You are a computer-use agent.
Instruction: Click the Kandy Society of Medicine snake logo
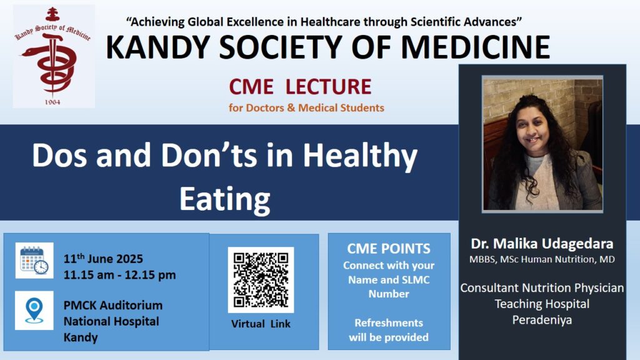click(54, 56)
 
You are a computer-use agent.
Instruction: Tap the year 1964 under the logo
click(52, 102)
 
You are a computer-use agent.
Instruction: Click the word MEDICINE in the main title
click(476, 47)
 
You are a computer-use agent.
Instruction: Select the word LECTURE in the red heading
click(328, 86)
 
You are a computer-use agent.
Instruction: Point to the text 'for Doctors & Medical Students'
click(306, 107)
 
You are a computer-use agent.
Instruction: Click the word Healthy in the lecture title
click(360, 156)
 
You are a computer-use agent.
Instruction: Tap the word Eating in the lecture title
click(225, 199)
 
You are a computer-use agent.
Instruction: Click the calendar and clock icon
click(34, 261)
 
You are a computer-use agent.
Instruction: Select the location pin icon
click(34, 310)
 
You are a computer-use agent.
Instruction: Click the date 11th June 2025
click(103, 258)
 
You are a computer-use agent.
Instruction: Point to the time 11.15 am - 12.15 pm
click(119, 275)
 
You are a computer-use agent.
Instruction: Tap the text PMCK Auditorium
click(113, 305)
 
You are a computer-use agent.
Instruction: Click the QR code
click(261, 280)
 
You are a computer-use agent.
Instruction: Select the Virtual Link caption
click(261, 324)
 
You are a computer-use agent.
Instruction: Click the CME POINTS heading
click(389, 249)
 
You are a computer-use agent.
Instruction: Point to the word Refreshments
click(389, 323)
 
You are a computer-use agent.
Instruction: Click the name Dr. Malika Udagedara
click(542, 244)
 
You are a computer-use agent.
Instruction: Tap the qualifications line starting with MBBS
click(542, 259)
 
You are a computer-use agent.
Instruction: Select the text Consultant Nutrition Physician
click(542, 288)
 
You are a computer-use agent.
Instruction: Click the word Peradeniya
click(542, 320)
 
